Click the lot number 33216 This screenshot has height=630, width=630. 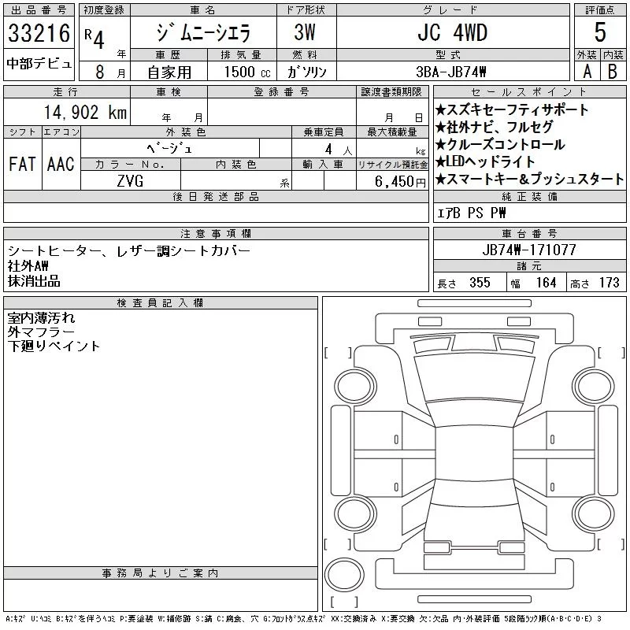coord(39,33)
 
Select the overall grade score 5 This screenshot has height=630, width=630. coord(600,32)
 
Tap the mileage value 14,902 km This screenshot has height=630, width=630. coord(85,112)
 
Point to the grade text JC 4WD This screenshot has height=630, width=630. coord(452,32)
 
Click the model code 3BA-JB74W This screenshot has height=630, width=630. coord(451,72)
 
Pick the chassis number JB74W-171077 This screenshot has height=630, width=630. coord(528,250)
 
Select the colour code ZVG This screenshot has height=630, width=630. coord(130,181)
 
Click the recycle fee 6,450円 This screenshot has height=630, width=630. coord(400,182)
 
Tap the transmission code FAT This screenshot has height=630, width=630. coord(22,164)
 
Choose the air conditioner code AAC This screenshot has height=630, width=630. coord(61,164)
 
